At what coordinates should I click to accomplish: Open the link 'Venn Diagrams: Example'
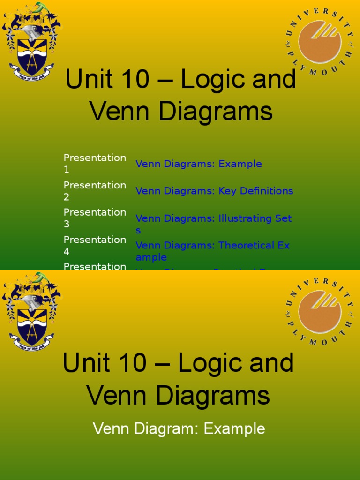pos(199,164)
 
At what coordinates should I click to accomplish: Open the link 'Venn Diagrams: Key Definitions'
pos(214,191)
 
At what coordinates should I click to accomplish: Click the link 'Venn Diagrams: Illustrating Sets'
pos(213,218)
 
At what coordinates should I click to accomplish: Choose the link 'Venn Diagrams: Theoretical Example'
pos(212,246)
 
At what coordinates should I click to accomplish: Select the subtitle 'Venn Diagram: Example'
pos(179,428)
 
